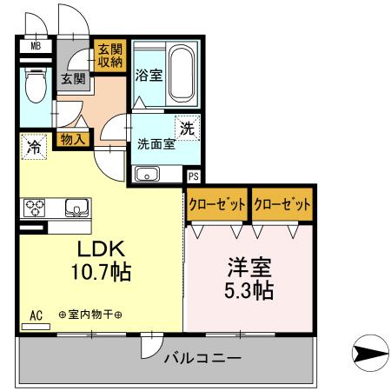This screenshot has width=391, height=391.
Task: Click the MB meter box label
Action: click(36, 46)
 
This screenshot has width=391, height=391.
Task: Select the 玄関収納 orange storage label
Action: click(109, 56)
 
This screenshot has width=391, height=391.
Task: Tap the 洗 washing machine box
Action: click(185, 126)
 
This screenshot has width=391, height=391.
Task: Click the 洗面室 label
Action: click(156, 144)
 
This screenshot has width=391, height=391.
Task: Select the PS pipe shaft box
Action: click(193, 174)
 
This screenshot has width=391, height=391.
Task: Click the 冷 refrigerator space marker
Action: click(32, 147)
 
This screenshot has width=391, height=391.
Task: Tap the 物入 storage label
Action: click(73, 137)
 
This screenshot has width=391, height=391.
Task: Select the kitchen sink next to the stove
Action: click(75, 209)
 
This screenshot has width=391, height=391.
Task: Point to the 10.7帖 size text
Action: click(100, 273)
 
